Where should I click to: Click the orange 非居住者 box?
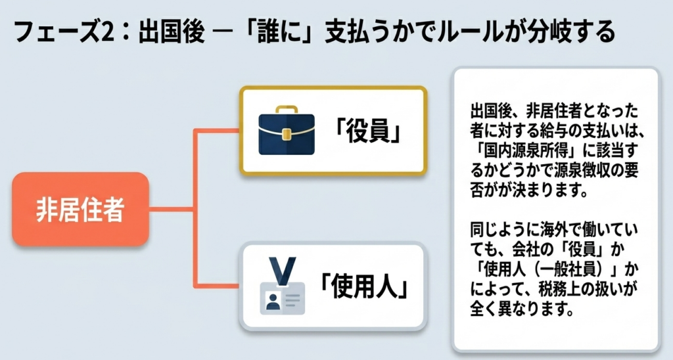pos(80,210)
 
